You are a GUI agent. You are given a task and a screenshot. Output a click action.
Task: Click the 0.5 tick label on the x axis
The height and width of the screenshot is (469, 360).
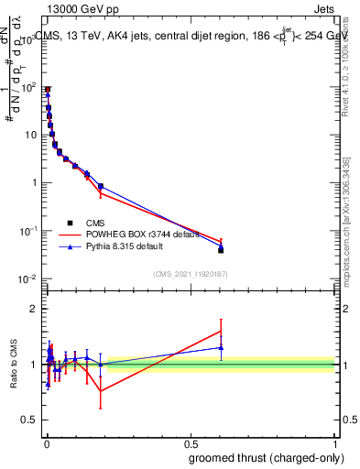click(190, 443)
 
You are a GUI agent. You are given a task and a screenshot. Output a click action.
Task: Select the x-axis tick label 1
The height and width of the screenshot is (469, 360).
click(334, 443)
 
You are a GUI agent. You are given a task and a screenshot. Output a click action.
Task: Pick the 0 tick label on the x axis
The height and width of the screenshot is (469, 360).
click(46, 443)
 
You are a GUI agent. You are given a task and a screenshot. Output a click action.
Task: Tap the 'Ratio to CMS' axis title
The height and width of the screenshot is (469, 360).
click(15, 364)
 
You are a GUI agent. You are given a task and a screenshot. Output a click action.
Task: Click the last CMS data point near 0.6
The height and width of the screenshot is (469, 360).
click(221, 249)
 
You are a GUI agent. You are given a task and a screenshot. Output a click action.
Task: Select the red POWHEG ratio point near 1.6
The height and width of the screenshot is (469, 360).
click(221, 331)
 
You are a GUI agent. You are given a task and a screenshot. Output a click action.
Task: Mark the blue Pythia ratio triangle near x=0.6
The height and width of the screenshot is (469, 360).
click(221, 347)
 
